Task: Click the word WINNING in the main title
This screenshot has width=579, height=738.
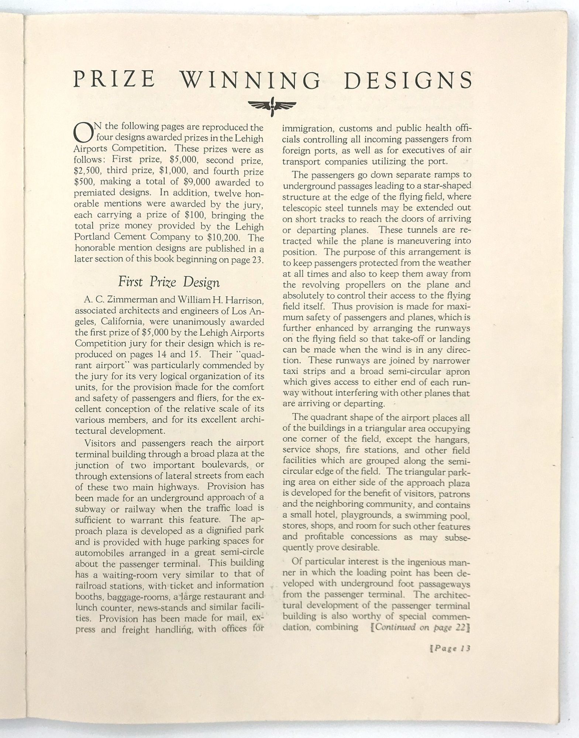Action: pyautogui.click(x=252, y=80)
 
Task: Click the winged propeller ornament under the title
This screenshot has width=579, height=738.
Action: pyautogui.click(x=272, y=106)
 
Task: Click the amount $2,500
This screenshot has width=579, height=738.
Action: pyautogui.click(x=87, y=172)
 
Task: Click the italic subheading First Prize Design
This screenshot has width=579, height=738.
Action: pyautogui.click(x=169, y=282)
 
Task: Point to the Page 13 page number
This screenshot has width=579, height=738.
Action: pyautogui.click(x=451, y=649)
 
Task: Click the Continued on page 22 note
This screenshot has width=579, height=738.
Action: pyautogui.click(x=420, y=627)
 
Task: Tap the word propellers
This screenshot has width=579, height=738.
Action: pyautogui.click(x=359, y=284)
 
